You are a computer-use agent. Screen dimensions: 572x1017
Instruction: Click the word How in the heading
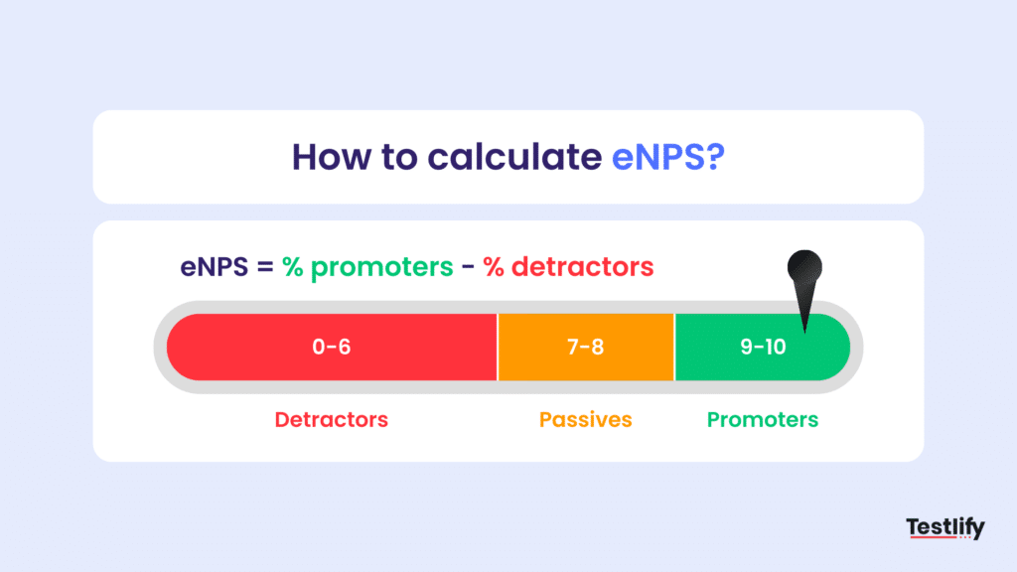[x=328, y=157]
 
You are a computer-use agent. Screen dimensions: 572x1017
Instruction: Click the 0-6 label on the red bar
[x=332, y=348]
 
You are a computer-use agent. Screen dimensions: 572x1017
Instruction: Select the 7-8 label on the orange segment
[x=586, y=348]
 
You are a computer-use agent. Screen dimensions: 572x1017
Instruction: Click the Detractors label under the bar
[x=332, y=419]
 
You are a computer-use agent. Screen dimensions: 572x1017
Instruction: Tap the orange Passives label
[x=586, y=419]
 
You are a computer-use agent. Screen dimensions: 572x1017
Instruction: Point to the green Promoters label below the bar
[x=763, y=419]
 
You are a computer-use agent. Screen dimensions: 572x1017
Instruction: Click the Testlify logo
[x=944, y=527]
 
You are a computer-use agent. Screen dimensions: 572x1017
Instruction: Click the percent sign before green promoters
[x=294, y=267]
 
